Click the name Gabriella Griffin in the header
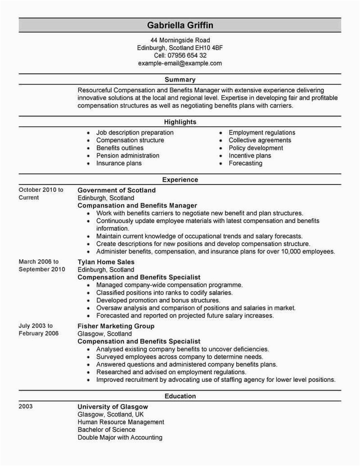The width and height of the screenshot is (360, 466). (x=180, y=24)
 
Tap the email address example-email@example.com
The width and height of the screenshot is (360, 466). (x=180, y=63)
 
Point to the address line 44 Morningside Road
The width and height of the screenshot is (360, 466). (x=180, y=40)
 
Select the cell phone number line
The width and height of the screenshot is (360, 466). (x=180, y=56)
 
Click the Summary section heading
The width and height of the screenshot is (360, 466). (x=180, y=79)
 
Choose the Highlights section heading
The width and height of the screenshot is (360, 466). (x=180, y=122)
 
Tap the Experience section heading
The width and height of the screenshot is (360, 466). (x=180, y=180)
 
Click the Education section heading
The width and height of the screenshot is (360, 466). (x=180, y=396)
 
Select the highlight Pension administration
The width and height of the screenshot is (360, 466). (x=128, y=156)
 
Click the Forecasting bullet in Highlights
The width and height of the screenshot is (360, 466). (x=246, y=163)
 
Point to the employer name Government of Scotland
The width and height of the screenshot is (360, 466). (x=116, y=190)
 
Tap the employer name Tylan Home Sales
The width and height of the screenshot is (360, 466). (x=106, y=262)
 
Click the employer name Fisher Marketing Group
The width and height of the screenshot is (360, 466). (x=116, y=326)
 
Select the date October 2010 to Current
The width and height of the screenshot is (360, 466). (x=41, y=193)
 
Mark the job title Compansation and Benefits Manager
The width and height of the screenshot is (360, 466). (x=137, y=206)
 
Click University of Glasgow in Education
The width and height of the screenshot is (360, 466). (x=112, y=406)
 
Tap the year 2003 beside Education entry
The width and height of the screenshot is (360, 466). (x=26, y=406)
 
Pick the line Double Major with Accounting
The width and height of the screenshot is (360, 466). (x=120, y=437)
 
